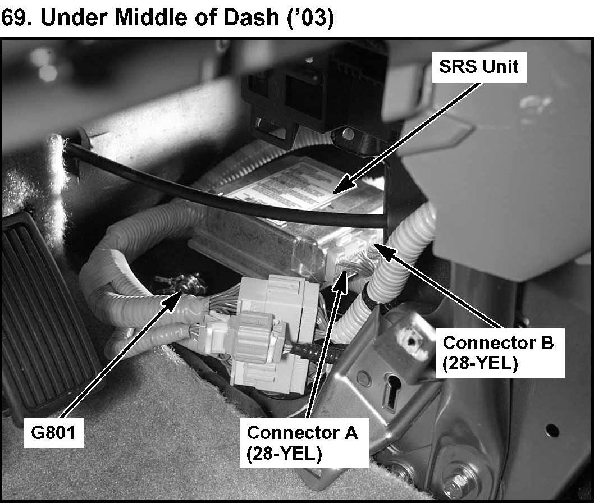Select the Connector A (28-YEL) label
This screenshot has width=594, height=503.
(302, 442)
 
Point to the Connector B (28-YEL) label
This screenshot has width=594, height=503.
(497, 353)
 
